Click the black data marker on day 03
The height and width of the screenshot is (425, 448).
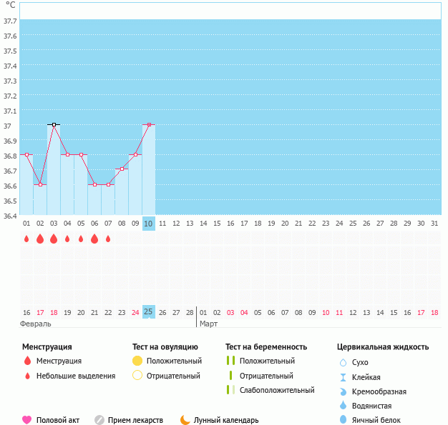pyautogui.click(x=54, y=124)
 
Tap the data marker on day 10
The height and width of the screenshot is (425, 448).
pyautogui.click(x=149, y=124)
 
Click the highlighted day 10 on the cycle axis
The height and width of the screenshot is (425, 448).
pyautogui.click(x=149, y=224)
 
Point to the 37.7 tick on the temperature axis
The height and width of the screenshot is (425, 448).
pyautogui.click(x=10, y=21)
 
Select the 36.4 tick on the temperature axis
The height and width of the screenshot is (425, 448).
pyautogui.click(x=10, y=215)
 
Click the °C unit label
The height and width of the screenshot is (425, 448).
pyautogui.click(x=9, y=5)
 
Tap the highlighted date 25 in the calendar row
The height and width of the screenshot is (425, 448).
pyautogui.click(x=149, y=312)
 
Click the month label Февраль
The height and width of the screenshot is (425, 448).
pyautogui.click(x=36, y=324)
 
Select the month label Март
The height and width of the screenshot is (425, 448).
pyautogui.click(x=208, y=324)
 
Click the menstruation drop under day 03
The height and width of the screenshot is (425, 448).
pyautogui.click(x=54, y=239)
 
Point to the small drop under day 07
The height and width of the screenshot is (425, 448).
pyautogui.click(x=108, y=239)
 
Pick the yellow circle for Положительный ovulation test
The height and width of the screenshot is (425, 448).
pyautogui.click(x=138, y=361)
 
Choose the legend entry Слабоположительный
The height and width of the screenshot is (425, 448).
pyautogui.click(x=277, y=390)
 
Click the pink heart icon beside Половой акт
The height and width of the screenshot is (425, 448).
pyautogui.click(x=27, y=420)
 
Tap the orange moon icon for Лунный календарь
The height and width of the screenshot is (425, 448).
pyautogui.click(x=185, y=420)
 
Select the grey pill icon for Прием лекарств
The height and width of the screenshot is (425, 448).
pyautogui.click(x=99, y=420)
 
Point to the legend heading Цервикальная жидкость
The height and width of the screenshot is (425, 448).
pyautogui.click(x=383, y=347)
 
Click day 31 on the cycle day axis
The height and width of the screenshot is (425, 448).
pyautogui.click(x=434, y=224)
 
